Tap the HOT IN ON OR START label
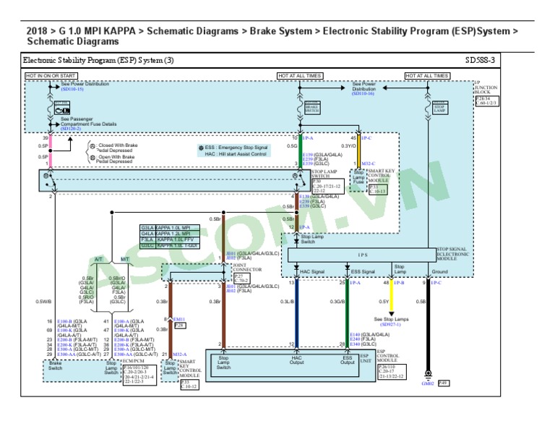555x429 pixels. (x=52, y=75)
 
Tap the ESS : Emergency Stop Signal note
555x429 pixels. (x=236, y=147)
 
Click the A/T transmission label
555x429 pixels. (x=99, y=259)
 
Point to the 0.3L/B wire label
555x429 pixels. (x=286, y=302)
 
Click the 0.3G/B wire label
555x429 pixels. (x=337, y=302)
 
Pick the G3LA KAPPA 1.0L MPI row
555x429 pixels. (x=166, y=229)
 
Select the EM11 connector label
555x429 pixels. (x=178, y=318)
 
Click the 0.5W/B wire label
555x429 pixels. (x=43, y=302)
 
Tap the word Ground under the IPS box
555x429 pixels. (x=440, y=271)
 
